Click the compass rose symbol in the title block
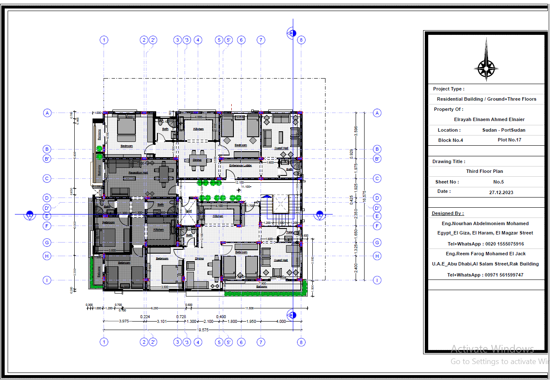coord(486,66)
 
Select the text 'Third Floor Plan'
coord(485,172)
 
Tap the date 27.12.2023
coord(501,192)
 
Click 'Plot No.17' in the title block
coord(509,140)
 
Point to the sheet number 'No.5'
coord(498,182)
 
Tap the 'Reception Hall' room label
coord(138,173)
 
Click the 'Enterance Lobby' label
coord(241,165)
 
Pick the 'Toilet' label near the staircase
coord(290,232)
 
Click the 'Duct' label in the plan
coord(188,211)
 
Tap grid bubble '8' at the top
coord(301,40)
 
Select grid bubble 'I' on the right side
coord(377,280)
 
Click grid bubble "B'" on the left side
coord(48,159)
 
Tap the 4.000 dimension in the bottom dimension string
coord(281,322)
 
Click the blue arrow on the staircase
coord(266,196)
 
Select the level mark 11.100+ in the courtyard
coord(246,187)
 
